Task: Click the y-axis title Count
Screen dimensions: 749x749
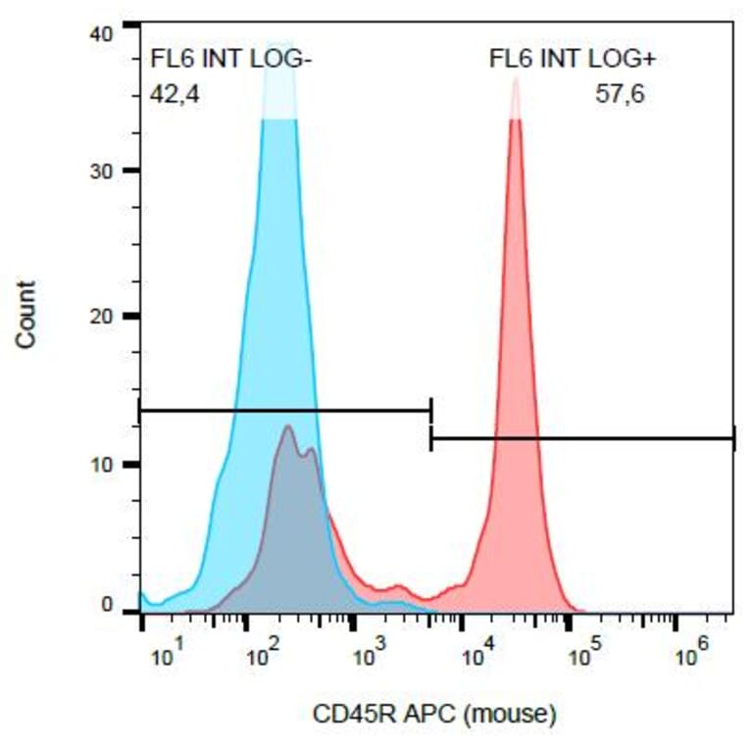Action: coord(26,315)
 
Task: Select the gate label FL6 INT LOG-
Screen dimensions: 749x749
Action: coord(231,60)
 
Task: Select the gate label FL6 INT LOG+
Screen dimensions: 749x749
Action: coord(573,60)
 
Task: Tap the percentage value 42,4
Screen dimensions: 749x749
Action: coord(175,95)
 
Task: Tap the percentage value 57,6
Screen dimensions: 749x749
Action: coord(620,95)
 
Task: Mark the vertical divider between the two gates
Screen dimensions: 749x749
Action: coord(431,424)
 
